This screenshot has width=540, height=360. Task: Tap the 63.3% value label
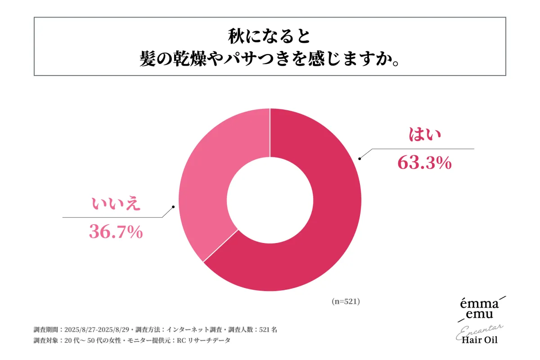pyautogui.click(x=424, y=162)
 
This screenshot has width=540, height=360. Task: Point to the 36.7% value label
pyautogui.click(x=116, y=232)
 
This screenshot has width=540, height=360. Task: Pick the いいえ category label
pyautogui.click(x=117, y=204)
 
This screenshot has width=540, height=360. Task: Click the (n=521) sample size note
pyautogui.click(x=346, y=302)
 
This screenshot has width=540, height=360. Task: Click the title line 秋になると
pyautogui.click(x=270, y=36)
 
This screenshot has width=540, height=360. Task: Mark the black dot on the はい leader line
pyautogui.click(x=359, y=158)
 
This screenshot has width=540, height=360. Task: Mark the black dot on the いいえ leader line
pyautogui.click(x=173, y=207)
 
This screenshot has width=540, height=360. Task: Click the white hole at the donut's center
pyautogui.click(x=270, y=200)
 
